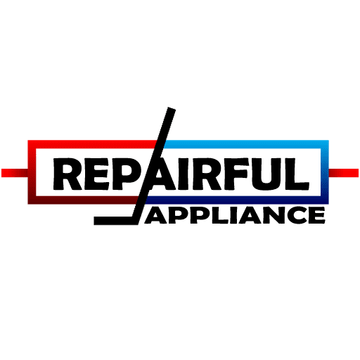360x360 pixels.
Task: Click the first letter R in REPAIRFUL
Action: tap(67, 174)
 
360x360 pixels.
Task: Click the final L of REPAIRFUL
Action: tap(297, 174)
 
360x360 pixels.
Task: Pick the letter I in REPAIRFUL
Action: tap(182, 174)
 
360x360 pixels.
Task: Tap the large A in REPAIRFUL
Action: tap(161, 174)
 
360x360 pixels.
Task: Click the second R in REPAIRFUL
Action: tap(205, 174)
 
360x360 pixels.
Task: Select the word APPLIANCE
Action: tap(235, 215)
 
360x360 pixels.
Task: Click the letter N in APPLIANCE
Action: tap(270, 215)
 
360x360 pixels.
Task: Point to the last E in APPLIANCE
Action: tap(317, 215)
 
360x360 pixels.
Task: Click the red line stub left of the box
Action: tap(15, 173)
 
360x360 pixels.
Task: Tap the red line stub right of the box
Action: tap(344, 173)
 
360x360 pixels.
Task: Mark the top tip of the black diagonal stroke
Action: tap(172, 109)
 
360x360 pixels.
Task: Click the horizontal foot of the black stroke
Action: tap(113, 221)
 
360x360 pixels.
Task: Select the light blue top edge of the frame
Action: tap(246, 144)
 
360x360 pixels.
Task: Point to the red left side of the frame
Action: tap(32, 172)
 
